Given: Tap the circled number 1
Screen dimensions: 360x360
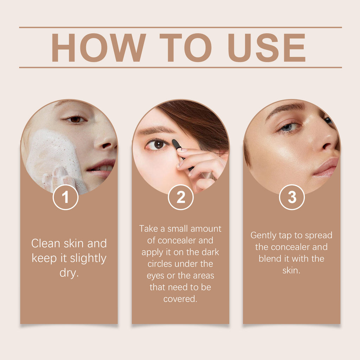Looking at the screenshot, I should click(65, 198).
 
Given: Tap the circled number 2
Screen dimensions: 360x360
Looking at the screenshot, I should click(181, 198).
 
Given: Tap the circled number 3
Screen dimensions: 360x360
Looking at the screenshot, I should click(292, 198).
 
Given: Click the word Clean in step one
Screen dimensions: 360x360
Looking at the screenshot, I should click(46, 243).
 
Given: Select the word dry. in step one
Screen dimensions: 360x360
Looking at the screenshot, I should click(69, 273).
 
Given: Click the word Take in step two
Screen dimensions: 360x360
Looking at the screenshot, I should click(148, 229).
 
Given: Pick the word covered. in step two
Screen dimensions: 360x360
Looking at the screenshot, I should click(180, 299).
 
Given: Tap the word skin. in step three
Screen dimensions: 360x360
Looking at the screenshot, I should click(291, 270).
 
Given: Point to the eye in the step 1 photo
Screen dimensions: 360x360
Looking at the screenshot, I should click(75, 120).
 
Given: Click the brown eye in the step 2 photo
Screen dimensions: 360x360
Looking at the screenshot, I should click(158, 144).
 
